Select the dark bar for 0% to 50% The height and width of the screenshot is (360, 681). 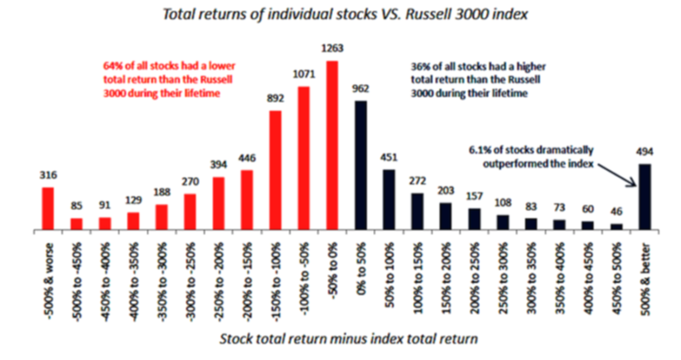click(362, 165)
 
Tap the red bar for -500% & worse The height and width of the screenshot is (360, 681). click(48, 209)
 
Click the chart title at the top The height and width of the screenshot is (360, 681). click(342, 16)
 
